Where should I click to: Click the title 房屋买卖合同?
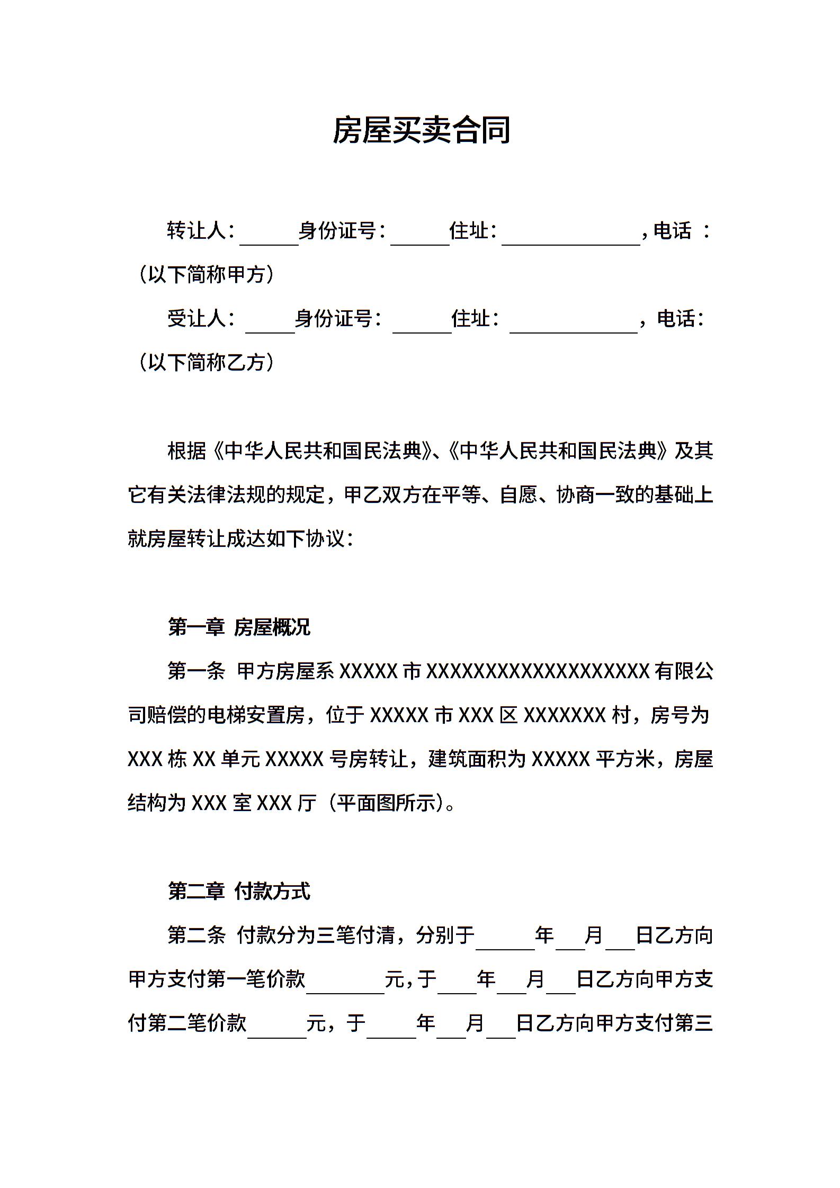(x=421, y=130)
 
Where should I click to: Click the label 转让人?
(x=196, y=231)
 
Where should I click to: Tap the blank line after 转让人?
(x=269, y=237)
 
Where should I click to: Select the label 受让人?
(x=196, y=319)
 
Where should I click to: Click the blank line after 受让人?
(x=270, y=325)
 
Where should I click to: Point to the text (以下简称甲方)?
(x=206, y=275)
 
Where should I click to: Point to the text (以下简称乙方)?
(x=206, y=363)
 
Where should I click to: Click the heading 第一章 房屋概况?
(x=239, y=627)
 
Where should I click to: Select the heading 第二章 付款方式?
(x=239, y=892)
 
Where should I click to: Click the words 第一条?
(x=196, y=671)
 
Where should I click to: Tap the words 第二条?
(x=196, y=935)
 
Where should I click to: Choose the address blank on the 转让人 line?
(x=570, y=237)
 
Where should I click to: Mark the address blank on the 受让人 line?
(x=573, y=325)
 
